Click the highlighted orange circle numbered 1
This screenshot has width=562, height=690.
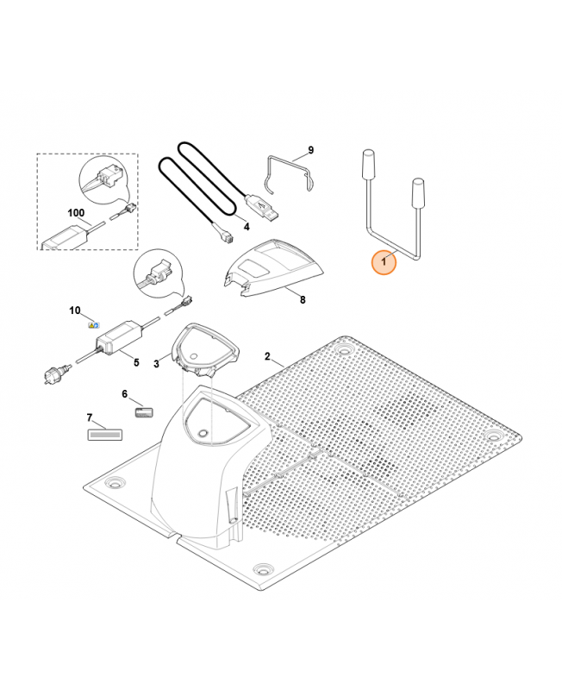[384, 262]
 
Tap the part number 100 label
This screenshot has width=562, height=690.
[76, 213]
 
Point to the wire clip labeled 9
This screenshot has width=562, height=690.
[290, 173]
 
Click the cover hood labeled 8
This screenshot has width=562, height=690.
[272, 268]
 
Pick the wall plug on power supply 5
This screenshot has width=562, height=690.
[56, 373]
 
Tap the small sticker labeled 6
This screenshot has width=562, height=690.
[143, 413]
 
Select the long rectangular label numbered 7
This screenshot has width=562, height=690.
[105, 436]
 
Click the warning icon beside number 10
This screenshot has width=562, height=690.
[94, 325]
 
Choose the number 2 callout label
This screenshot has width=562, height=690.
[267, 356]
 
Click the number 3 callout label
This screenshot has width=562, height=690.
[157, 364]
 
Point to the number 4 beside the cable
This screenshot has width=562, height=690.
[247, 227]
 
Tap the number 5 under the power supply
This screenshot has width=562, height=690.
[136, 362]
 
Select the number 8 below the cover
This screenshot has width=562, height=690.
[303, 300]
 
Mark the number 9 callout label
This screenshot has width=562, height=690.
[311, 150]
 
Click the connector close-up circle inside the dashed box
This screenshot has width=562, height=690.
[102, 179]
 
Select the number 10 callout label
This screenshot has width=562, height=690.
[75, 310]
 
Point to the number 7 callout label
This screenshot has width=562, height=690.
[90, 417]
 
